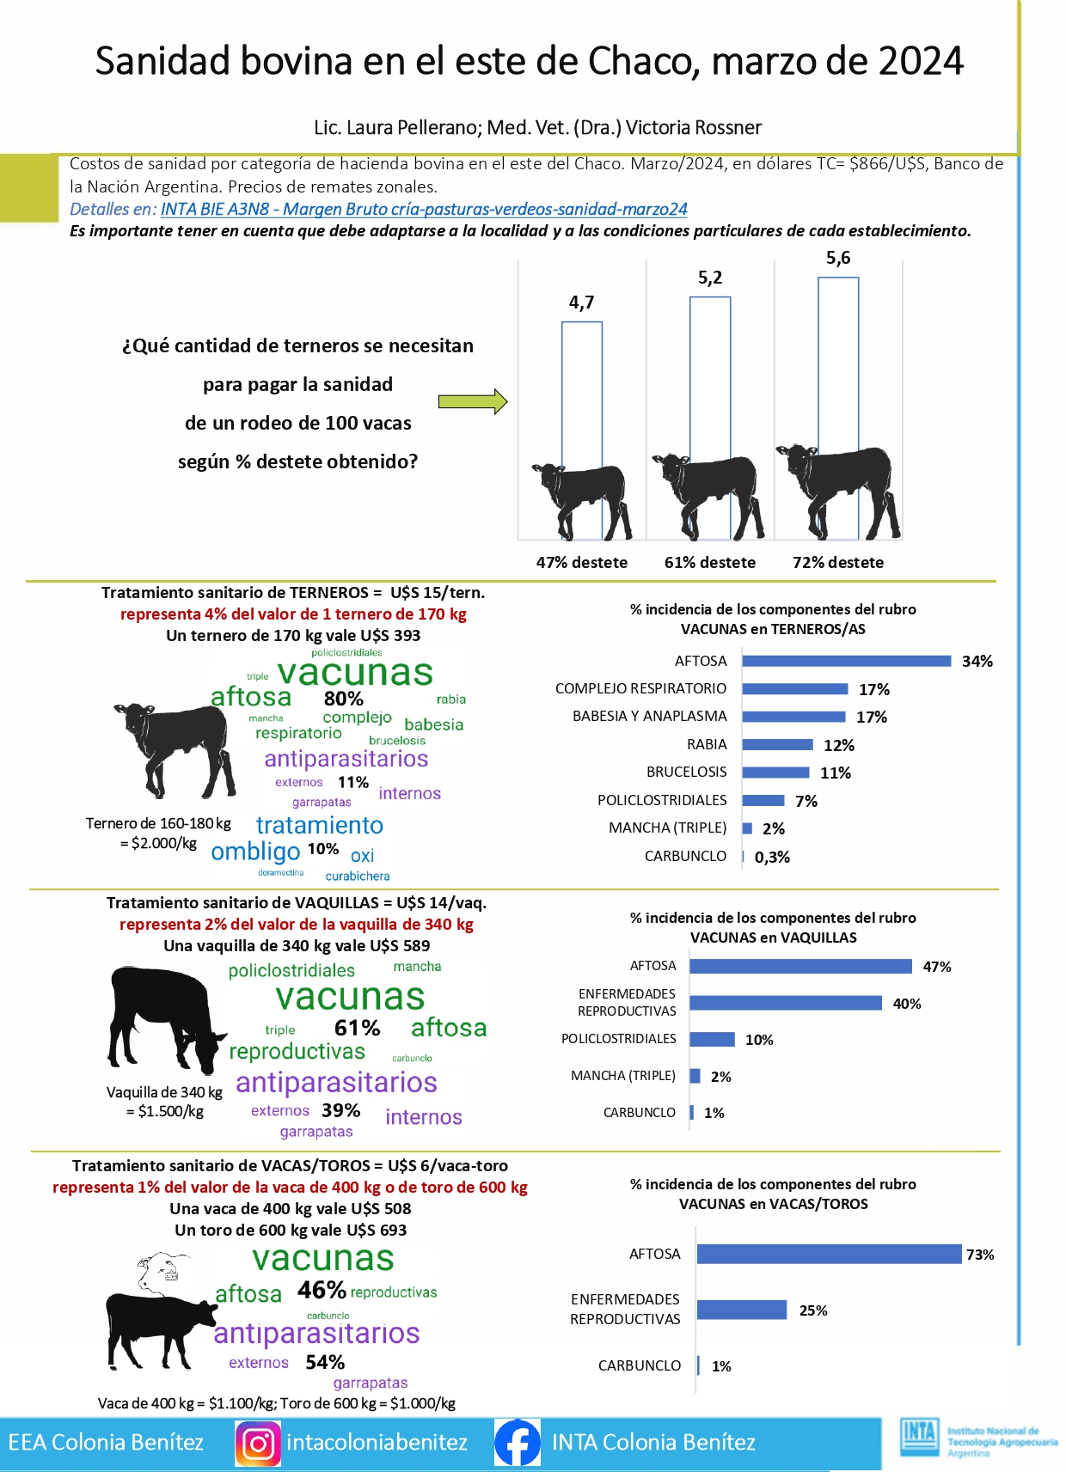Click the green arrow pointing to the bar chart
473,401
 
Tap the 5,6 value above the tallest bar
838,258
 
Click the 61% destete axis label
710,563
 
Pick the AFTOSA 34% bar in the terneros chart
847,661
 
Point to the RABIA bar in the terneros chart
777,744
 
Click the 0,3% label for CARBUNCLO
772,857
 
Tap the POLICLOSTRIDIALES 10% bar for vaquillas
712,1040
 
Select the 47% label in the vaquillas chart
937,967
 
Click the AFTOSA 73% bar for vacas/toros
829,1255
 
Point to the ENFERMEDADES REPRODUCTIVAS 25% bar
741,1310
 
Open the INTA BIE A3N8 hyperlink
424,209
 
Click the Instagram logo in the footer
258,1443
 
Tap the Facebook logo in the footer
518,1443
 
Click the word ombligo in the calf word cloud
255,852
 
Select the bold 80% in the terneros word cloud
343,699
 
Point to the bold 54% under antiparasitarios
325,1362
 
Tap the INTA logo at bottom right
918,1437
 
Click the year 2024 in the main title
921,62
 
